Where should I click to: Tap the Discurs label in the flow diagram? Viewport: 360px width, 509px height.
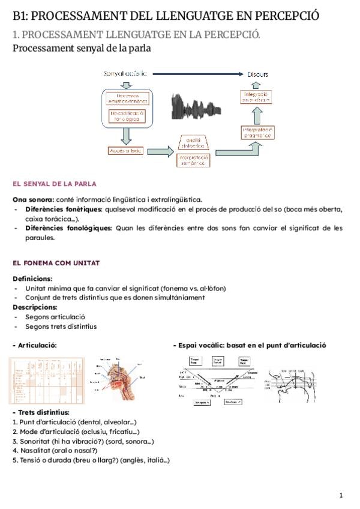[x=258, y=74]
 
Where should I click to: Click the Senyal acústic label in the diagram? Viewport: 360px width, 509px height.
[x=125, y=73]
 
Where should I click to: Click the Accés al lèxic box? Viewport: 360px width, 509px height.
[x=125, y=151]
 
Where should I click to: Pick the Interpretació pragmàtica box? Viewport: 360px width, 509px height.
[x=258, y=133]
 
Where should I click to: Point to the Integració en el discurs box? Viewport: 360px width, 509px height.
[x=258, y=97]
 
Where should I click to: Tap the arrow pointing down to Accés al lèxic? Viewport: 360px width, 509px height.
[x=125, y=134]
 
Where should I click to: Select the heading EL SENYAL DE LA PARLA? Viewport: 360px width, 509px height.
[x=55, y=184]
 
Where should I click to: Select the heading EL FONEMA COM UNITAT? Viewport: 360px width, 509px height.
[x=56, y=263]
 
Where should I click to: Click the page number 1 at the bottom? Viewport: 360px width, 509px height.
[x=340, y=495]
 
